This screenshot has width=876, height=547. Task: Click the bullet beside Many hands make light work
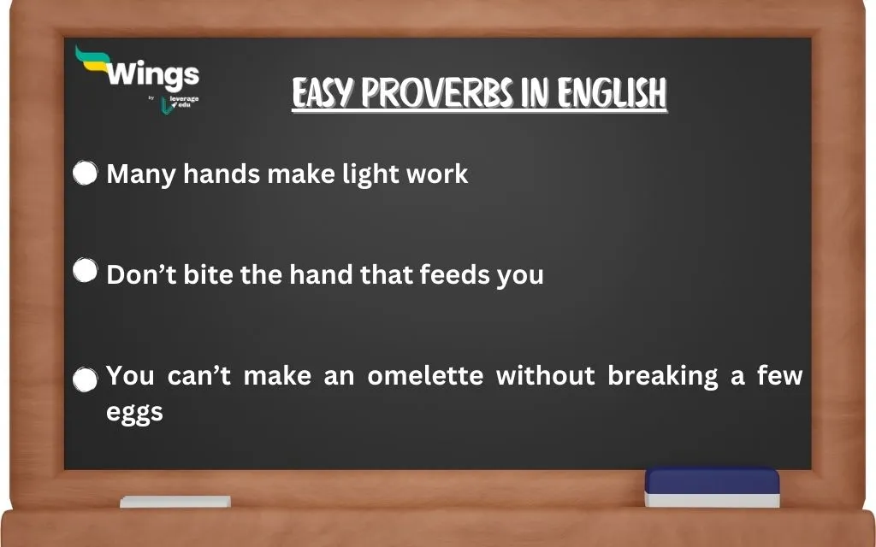85,174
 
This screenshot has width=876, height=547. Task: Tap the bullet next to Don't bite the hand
85,271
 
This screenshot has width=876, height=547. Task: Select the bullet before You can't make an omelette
85,380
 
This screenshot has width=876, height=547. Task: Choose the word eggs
134,412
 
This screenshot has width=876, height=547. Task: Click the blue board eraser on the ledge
712,486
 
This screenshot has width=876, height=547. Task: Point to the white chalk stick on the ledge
175,502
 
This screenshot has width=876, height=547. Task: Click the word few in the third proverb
779,376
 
